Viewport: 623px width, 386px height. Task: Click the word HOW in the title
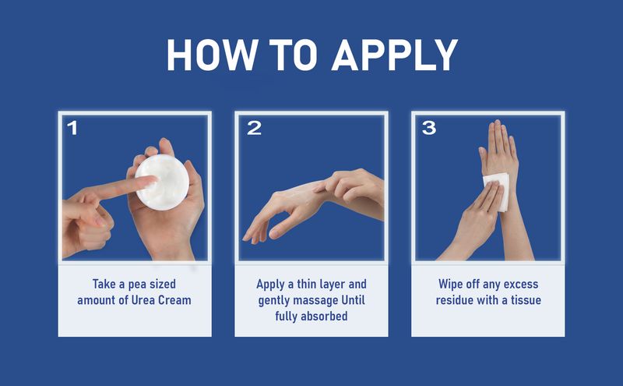[211, 55]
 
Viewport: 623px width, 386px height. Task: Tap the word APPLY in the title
[395, 55]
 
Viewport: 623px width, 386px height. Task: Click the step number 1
[72, 128]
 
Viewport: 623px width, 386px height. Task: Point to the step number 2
[255, 128]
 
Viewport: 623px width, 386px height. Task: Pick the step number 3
[429, 128]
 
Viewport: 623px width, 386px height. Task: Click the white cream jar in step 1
[162, 182]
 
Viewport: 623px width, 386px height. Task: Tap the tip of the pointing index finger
[153, 180]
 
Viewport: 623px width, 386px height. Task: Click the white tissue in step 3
[497, 192]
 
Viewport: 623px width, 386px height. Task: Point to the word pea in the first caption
[137, 285]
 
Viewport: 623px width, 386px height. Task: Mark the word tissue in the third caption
[526, 299]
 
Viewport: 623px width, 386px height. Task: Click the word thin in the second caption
[306, 284]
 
